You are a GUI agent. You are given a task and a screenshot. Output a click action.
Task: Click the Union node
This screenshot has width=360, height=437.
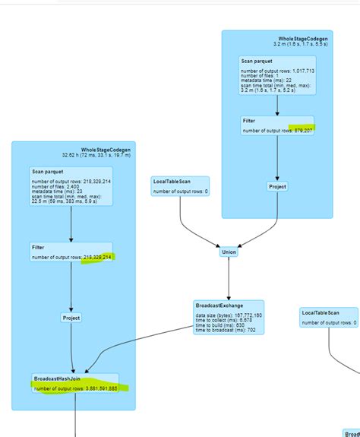coord(229,252)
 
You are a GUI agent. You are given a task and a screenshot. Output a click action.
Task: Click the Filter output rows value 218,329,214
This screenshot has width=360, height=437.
coord(96,258)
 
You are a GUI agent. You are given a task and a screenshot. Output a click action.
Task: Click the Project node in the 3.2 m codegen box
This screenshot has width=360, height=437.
coord(277,186)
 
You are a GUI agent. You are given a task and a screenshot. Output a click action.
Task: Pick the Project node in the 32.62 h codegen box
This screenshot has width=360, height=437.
coord(71,318)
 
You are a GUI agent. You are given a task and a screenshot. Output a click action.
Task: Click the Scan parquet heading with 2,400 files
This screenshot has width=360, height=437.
coord(47,173)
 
